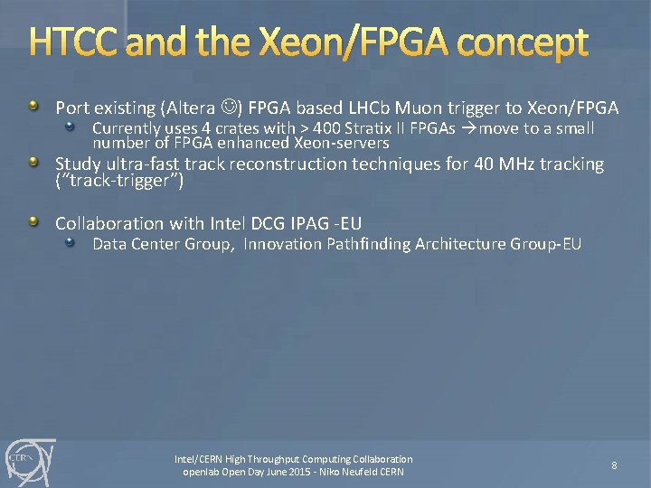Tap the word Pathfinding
[366, 244]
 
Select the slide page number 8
[614, 465]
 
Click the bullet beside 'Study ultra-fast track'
[33, 163]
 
